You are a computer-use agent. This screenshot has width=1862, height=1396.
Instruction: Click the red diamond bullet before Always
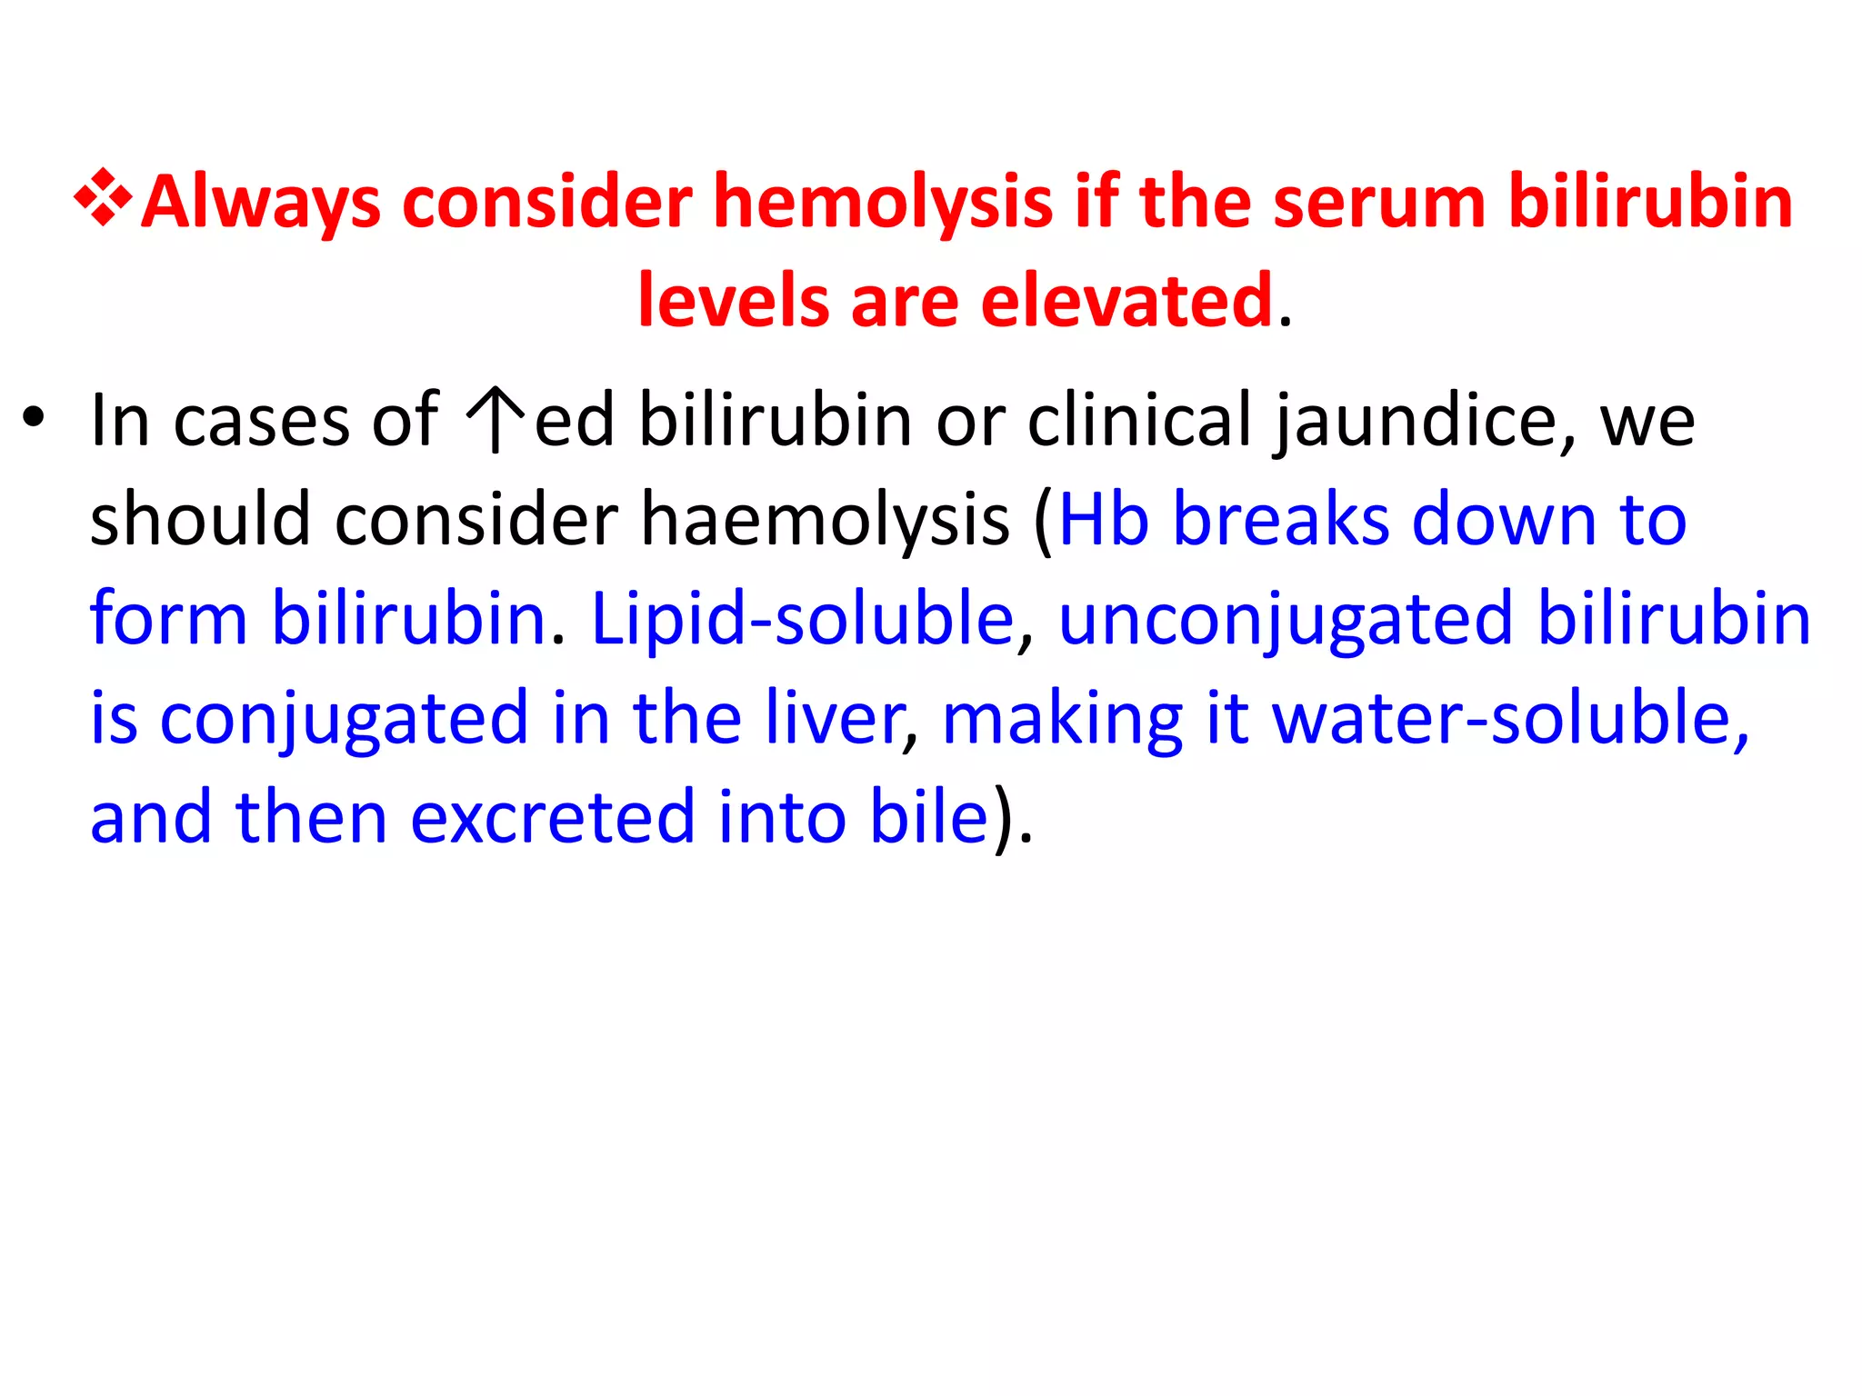click(104, 197)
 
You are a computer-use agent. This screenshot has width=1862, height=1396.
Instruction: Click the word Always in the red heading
click(261, 202)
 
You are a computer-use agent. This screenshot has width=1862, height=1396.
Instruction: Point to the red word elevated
click(1126, 301)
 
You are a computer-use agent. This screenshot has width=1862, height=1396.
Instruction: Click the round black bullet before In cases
click(34, 419)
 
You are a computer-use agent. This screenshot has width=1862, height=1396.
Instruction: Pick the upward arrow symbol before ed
click(496, 419)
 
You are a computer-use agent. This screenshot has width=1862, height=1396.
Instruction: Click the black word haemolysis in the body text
click(825, 520)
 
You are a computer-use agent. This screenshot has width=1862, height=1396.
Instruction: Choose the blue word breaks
click(1281, 519)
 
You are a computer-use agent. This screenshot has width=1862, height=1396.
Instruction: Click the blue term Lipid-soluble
click(803, 619)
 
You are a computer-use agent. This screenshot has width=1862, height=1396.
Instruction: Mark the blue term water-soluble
click(1510, 717)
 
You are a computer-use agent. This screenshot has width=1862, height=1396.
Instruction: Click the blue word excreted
click(553, 816)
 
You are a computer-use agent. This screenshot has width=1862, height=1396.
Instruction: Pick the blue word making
click(1062, 719)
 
